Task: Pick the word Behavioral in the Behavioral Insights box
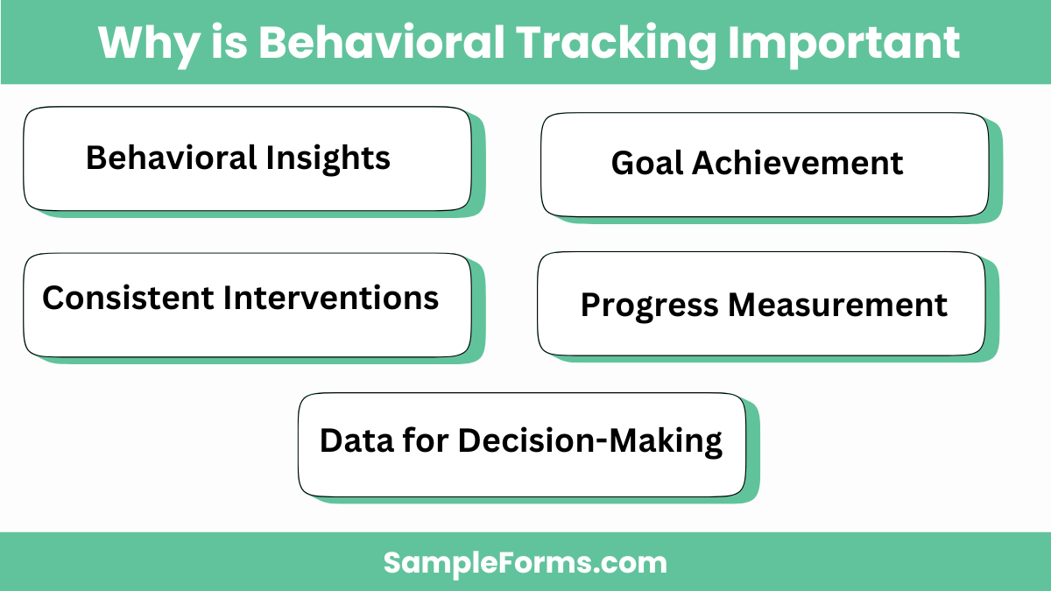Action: pos(172,158)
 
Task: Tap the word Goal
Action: pos(647,164)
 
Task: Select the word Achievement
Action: pos(798,164)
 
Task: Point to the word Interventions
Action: pos(332,299)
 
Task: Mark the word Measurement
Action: pos(838,306)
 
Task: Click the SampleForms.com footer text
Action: pos(525,562)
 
